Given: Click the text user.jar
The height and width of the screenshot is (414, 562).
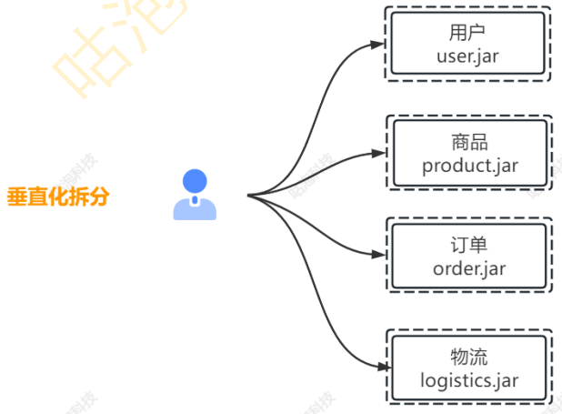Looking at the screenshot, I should pos(468,57).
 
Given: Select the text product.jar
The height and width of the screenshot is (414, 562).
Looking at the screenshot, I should pos(469,166).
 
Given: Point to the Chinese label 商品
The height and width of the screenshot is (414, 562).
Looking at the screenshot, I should pos(469,143).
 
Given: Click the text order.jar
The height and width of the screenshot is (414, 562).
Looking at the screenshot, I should pos(469,268).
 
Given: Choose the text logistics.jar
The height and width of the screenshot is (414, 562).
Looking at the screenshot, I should pos(469,379).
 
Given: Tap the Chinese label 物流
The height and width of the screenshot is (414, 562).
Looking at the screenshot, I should pos(469,356).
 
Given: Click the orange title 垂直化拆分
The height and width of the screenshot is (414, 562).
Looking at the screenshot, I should pos(57,197).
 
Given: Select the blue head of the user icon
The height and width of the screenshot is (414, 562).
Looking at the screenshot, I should pos(195,181).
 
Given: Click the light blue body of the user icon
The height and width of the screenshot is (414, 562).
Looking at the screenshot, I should pos(195,208).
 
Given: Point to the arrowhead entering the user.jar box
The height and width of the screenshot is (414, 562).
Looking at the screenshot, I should pos(378,42).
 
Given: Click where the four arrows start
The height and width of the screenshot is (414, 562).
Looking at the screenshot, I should pos(248,195).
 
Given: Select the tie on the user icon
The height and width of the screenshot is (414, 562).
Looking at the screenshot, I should pos(195,200).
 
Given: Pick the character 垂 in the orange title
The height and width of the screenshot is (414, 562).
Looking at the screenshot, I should pos(16,197).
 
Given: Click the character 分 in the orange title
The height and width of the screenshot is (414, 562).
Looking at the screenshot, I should pos(98,197).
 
